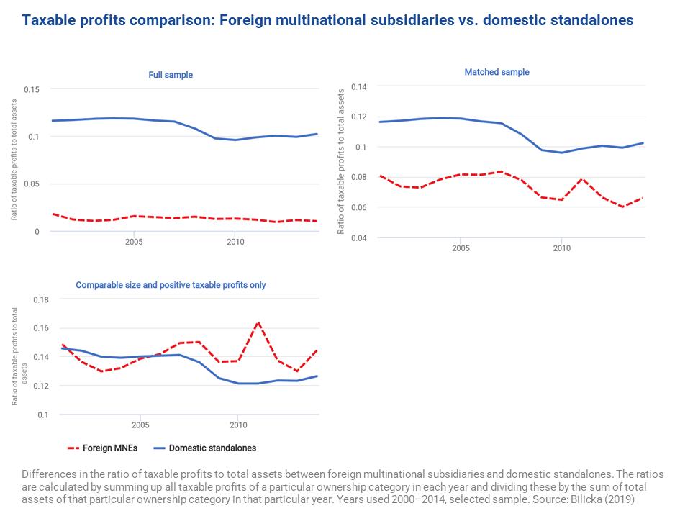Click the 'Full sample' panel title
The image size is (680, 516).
[x=171, y=75]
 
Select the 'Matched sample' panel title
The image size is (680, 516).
[x=497, y=72]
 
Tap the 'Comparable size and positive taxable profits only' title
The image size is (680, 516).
[x=171, y=285]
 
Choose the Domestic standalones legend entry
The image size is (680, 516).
[x=204, y=448]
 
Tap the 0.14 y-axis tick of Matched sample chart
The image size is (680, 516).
[x=358, y=87]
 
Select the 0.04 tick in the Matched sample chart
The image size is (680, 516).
[x=358, y=237]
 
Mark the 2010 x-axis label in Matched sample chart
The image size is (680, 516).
[x=561, y=248]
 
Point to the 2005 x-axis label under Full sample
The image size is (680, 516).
[x=134, y=243]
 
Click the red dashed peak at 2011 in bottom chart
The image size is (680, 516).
[x=258, y=322]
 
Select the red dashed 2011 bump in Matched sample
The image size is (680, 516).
[x=582, y=178]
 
